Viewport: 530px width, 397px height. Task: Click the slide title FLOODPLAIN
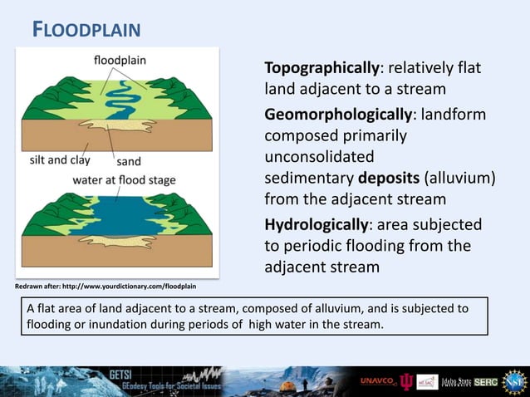click(x=86, y=31)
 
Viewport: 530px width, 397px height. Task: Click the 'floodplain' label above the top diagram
click(x=120, y=60)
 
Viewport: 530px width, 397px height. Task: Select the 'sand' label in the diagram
click(x=128, y=162)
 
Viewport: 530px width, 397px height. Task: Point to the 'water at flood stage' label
click(x=124, y=179)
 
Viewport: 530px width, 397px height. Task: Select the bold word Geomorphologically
click(x=337, y=113)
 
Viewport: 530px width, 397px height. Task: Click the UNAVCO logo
click(x=377, y=381)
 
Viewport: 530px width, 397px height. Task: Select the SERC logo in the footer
click(x=485, y=381)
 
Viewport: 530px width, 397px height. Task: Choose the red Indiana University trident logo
click(x=405, y=381)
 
